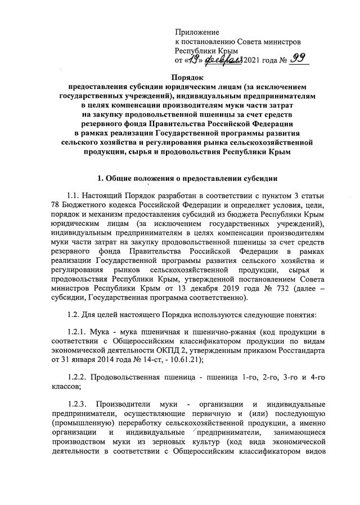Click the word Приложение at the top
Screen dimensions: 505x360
(x=197, y=32)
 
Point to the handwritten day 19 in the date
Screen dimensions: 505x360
(x=195, y=60)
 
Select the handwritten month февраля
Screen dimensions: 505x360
(x=223, y=60)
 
